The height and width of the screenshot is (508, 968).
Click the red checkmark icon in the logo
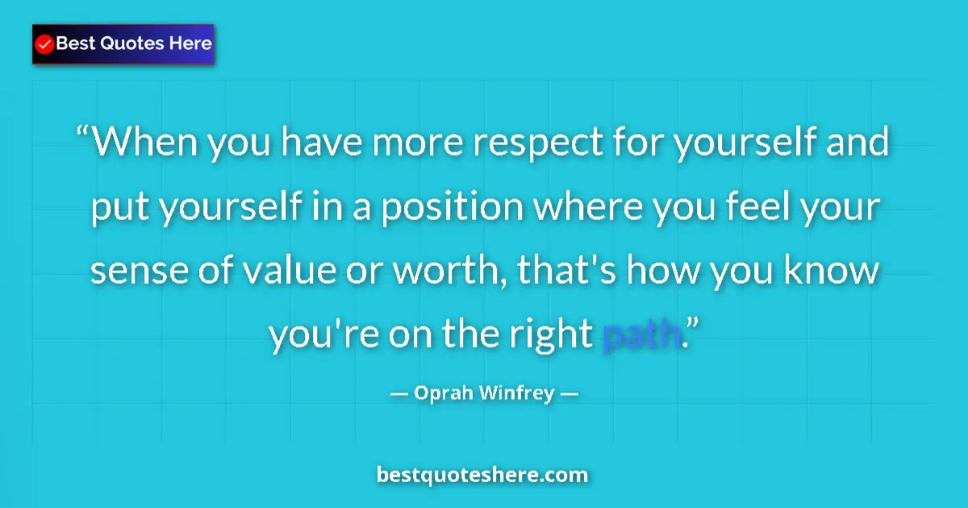click(x=45, y=44)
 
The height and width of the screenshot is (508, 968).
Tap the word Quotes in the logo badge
click(x=134, y=44)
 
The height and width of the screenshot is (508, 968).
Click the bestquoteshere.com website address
click(x=482, y=475)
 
